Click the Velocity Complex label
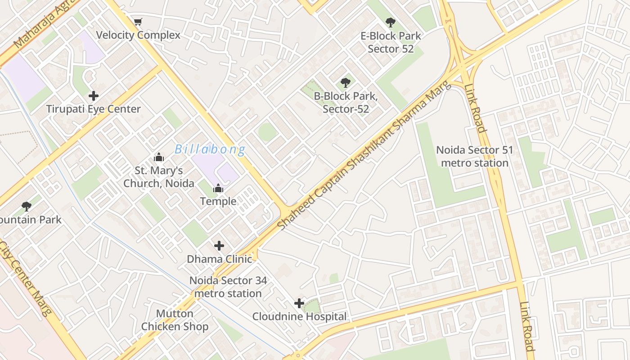138,35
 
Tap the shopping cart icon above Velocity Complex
138,22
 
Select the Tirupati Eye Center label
94,109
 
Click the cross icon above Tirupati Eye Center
94,96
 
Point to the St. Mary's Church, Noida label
159,177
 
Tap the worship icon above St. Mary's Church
159,157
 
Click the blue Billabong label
210,149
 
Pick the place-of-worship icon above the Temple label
218,188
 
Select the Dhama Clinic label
219,259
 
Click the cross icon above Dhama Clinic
219,246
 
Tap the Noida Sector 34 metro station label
228,287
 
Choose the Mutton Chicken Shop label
175,320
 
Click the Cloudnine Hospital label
299,316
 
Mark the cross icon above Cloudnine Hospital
299,303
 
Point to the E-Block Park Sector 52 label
391,42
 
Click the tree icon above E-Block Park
391,22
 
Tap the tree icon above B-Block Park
346,82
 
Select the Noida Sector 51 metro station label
475,156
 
